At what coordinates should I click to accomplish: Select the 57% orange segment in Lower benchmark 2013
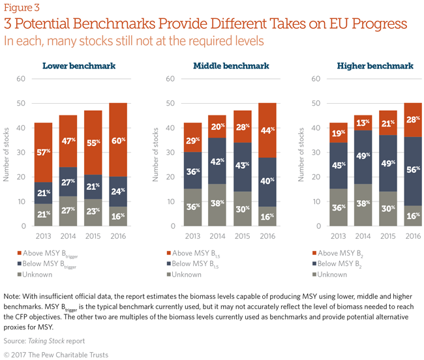[x=42, y=153]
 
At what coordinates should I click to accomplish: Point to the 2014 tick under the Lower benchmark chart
[x=68, y=235]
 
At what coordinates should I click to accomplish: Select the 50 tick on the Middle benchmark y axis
[x=170, y=104]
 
